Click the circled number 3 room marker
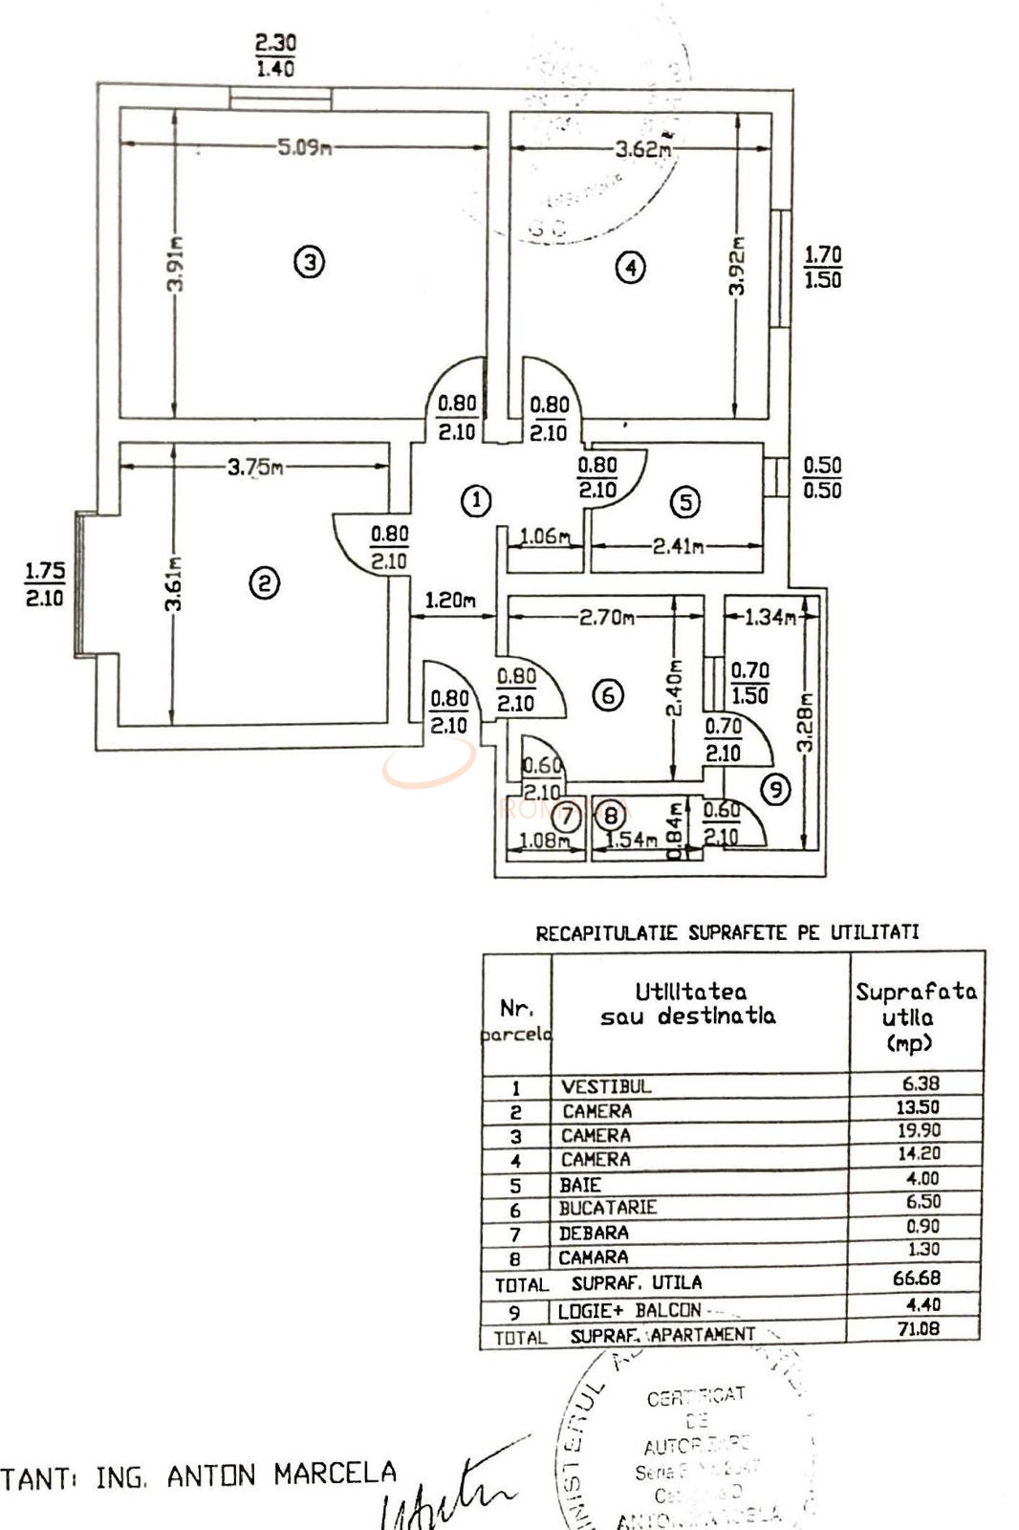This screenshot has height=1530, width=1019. pyautogui.click(x=309, y=261)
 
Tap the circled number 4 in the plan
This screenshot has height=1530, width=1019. pyautogui.click(x=629, y=268)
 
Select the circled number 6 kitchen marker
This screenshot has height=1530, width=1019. pyautogui.click(x=609, y=695)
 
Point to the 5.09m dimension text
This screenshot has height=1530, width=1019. pyautogui.click(x=304, y=148)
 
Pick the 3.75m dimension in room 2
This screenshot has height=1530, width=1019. pyautogui.click(x=255, y=468)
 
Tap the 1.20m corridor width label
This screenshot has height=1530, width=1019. pyautogui.click(x=450, y=601)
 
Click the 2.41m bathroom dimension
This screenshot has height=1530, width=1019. pyautogui.click(x=678, y=546)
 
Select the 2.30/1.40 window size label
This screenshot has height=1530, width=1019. pyautogui.click(x=275, y=55)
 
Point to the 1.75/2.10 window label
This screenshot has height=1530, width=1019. pyautogui.click(x=44, y=584)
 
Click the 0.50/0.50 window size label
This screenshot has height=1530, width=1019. pyautogui.click(x=822, y=478)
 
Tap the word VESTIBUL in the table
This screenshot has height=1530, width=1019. pyautogui.click(x=606, y=1086)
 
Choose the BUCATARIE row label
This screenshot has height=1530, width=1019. pyautogui.click(x=608, y=1208)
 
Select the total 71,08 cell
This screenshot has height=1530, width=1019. pyautogui.click(x=918, y=1328)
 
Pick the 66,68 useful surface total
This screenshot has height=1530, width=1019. pyautogui.click(x=917, y=1278)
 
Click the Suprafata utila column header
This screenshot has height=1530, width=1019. pyautogui.click(x=915, y=1016)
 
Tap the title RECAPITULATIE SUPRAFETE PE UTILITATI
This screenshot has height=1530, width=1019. pyautogui.click(x=726, y=932)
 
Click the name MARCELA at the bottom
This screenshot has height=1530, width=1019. pyautogui.click(x=335, y=1475)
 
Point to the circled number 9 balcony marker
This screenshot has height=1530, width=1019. pyautogui.click(x=775, y=789)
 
